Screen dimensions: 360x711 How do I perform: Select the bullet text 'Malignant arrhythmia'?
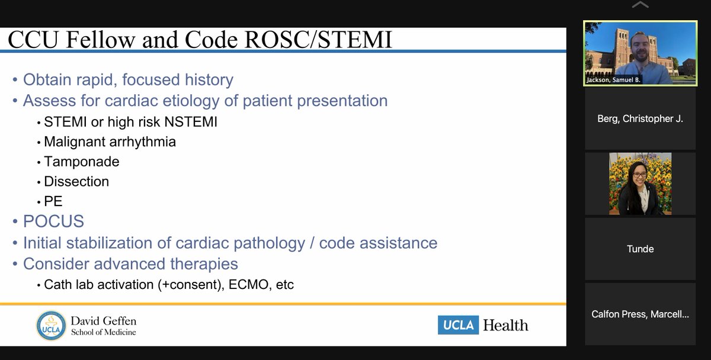click(x=110, y=142)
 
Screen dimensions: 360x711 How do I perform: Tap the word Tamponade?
click(x=82, y=162)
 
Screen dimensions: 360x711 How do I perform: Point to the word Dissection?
click(x=76, y=182)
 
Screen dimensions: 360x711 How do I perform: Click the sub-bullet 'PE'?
click(x=53, y=201)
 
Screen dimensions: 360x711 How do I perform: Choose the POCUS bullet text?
click(x=53, y=221)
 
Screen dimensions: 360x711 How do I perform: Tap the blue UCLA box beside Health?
click(x=458, y=325)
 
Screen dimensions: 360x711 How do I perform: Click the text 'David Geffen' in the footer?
click(x=103, y=321)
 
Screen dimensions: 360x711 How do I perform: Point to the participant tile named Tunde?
click(x=640, y=249)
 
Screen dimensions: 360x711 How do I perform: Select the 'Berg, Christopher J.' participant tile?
click(x=640, y=119)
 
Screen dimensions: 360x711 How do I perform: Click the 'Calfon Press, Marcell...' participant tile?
click(x=640, y=314)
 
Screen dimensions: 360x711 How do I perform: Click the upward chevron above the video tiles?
click(x=640, y=6)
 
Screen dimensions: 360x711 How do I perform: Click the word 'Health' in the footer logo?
click(x=505, y=325)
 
